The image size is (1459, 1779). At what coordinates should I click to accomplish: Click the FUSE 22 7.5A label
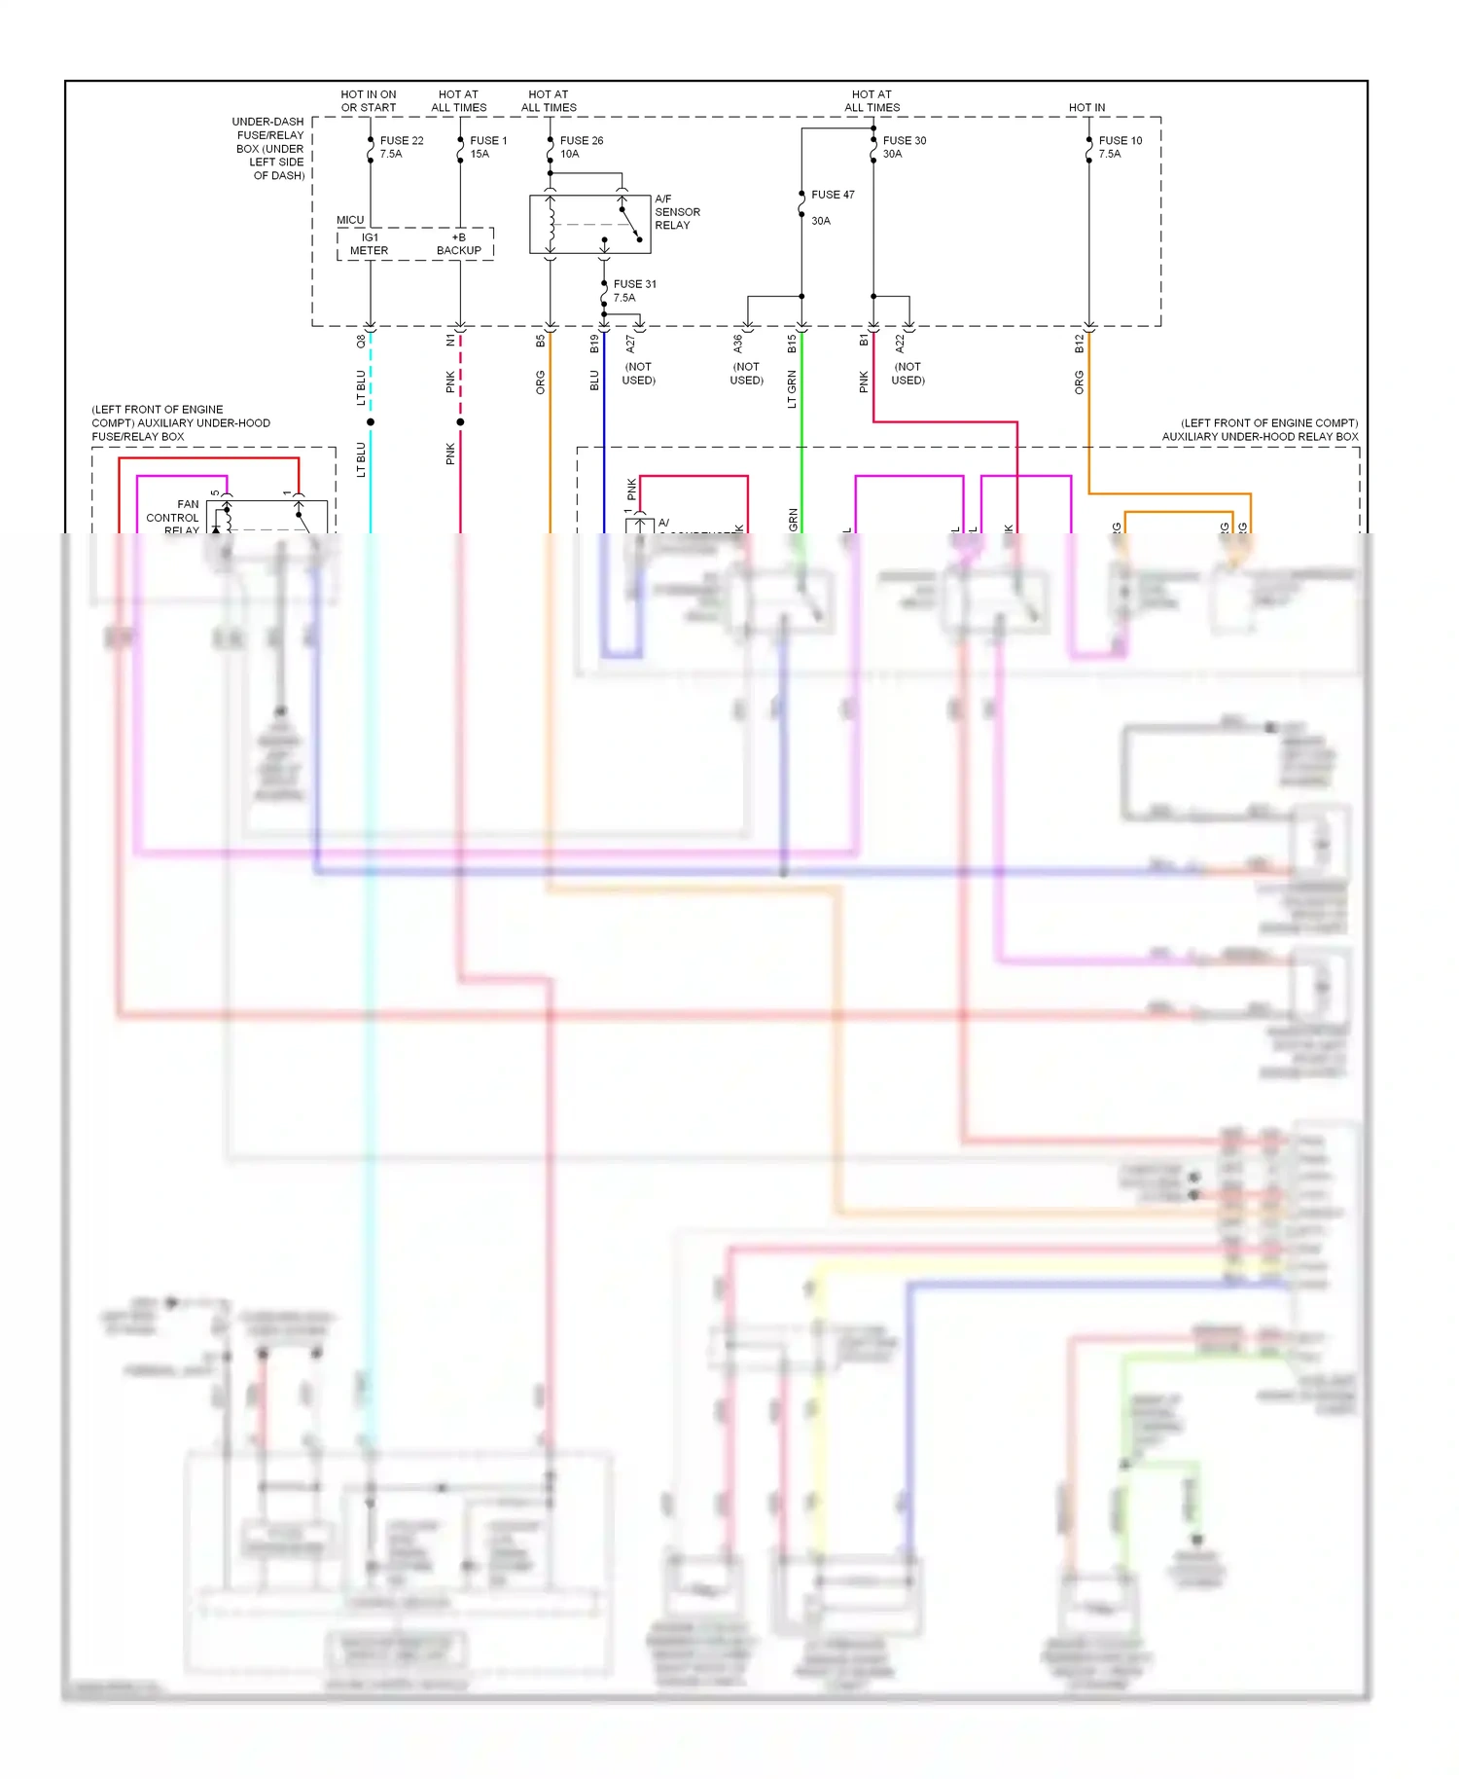pyautogui.click(x=401, y=147)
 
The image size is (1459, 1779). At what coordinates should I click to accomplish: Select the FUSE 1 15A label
pyautogui.click(x=488, y=147)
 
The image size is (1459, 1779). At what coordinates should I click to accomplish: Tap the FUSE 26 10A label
pyautogui.click(x=581, y=147)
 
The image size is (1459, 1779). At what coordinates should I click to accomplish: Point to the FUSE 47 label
pyautogui.click(x=833, y=195)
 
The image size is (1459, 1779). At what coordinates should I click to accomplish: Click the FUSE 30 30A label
pyautogui.click(x=904, y=147)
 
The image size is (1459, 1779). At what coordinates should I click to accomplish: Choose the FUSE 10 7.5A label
pyautogui.click(x=1120, y=147)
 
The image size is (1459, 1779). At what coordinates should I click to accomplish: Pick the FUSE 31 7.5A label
pyautogui.click(x=634, y=291)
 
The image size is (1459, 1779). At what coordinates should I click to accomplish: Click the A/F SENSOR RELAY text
pyautogui.click(x=677, y=212)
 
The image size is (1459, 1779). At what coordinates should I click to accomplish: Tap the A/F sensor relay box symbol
pyautogui.click(x=589, y=225)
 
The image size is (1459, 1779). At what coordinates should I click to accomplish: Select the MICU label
pyautogui.click(x=350, y=220)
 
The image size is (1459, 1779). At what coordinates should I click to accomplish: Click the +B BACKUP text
pyautogui.click(x=458, y=244)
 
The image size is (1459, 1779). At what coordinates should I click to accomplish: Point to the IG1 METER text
pyautogui.click(x=369, y=244)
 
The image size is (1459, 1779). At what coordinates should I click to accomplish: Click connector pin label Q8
pyautogui.click(x=361, y=342)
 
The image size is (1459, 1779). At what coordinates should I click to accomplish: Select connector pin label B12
pyautogui.click(x=1079, y=344)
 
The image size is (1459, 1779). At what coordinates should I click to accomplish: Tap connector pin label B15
pyautogui.click(x=792, y=344)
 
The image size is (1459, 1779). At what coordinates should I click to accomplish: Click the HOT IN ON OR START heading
pyautogui.click(x=369, y=101)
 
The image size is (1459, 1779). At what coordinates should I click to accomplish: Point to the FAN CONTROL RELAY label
pyautogui.click(x=173, y=518)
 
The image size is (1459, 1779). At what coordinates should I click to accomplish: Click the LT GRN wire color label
pyautogui.click(x=792, y=389)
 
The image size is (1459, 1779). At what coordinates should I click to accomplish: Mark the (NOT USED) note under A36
pyautogui.click(x=746, y=374)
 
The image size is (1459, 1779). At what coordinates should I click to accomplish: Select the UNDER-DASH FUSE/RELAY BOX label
pyautogui.click(x=269, y=149)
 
